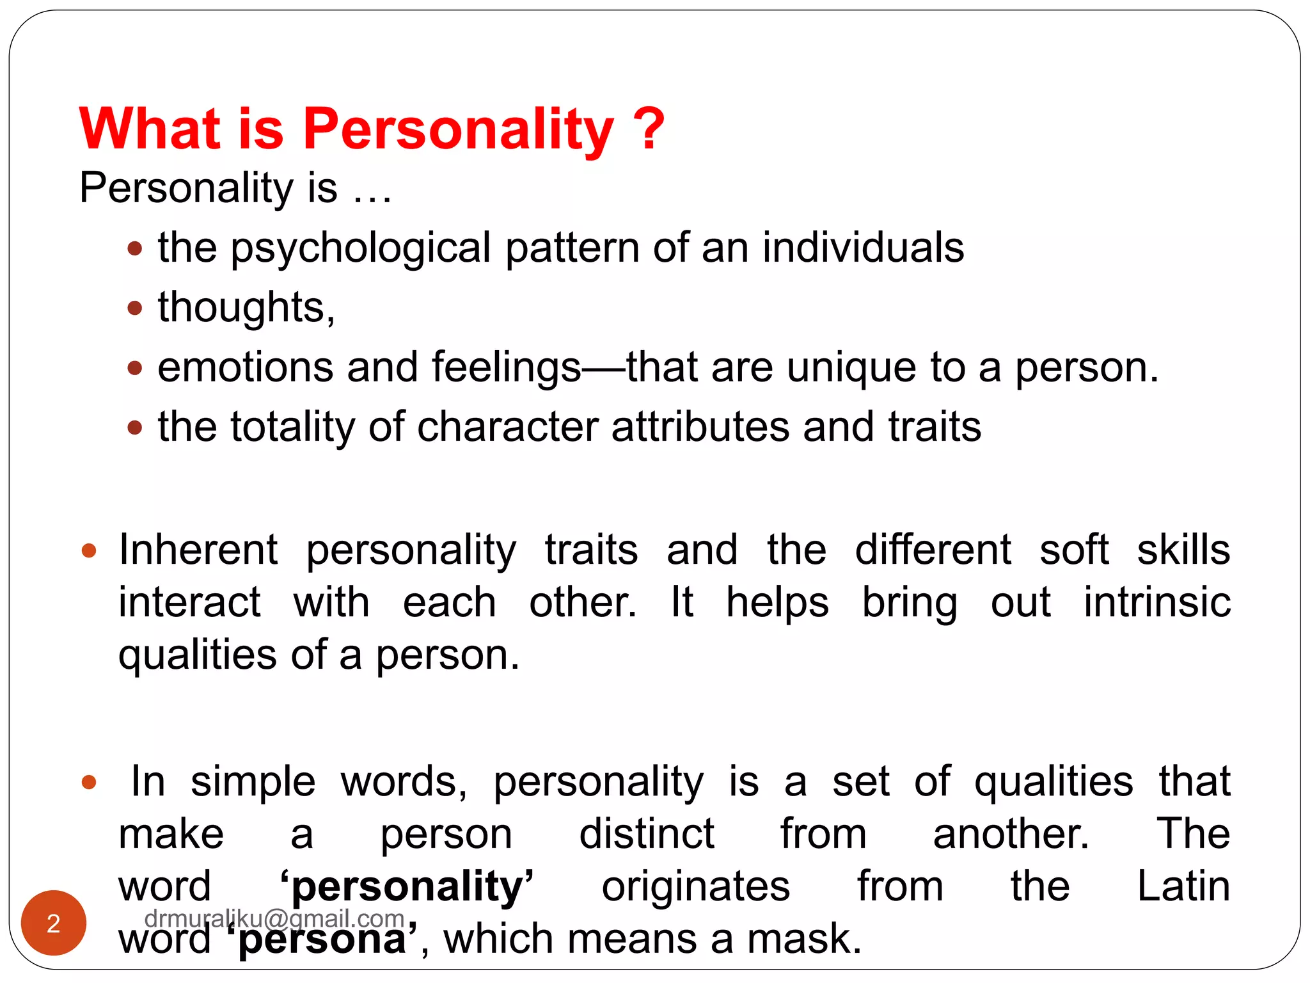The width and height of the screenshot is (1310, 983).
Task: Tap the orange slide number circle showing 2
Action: [x=54, y=923]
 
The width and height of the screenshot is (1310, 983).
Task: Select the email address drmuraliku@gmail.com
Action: [x=274, y=918]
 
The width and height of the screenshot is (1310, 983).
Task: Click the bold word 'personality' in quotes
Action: [x=407, y=887]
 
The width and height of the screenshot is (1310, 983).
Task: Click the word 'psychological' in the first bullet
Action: [x=361, y=248]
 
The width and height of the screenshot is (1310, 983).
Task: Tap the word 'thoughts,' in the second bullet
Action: [x=246, y=308]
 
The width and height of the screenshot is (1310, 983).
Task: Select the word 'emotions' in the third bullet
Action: [x=246, y=367]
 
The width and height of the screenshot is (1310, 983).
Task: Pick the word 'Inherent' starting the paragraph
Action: [x=198, y=550]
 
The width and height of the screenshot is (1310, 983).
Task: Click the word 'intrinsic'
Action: [x=1157, y=603]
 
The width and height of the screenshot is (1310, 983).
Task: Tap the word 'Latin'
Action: [x=1183, y=887]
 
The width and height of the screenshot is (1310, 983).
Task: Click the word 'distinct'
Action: [x=647, y=834]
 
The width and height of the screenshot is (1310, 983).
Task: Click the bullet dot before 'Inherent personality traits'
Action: [x=89, y=550]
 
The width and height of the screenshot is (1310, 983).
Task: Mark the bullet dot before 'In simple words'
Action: [x=89, y=782]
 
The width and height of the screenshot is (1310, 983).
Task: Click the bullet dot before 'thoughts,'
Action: [x=134, y=308]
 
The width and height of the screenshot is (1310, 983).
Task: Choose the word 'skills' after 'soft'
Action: [x=1183, y=550]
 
